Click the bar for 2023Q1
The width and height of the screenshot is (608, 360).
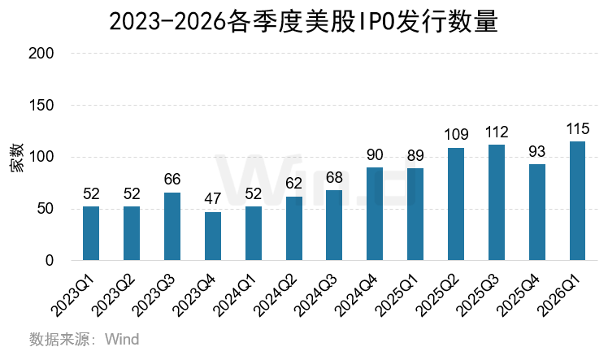point(91,233)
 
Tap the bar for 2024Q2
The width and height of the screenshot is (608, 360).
point(293,228)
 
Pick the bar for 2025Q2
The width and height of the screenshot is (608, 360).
point(456,204)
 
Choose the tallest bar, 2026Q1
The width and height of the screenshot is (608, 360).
point(577,201)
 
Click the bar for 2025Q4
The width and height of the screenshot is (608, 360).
point(536,212)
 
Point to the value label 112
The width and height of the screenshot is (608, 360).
point(496,132)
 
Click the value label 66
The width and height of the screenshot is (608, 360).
point(172,180)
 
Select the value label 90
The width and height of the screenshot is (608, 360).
point(375,155)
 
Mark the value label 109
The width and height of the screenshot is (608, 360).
point(456,135)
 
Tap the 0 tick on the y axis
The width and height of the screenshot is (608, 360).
point(50,261)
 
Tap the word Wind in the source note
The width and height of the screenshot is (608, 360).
point(121,339)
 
